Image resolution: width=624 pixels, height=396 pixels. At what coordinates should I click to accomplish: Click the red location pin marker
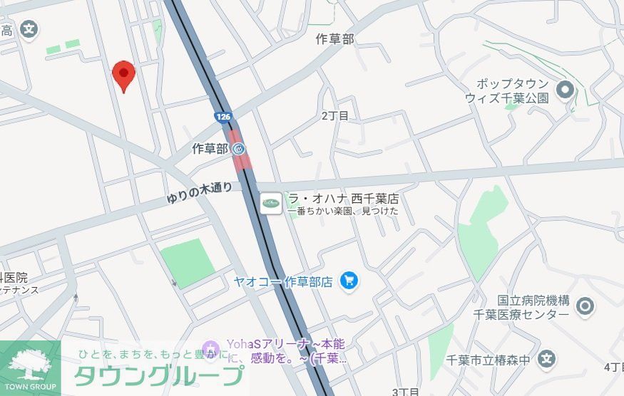coord(124,75)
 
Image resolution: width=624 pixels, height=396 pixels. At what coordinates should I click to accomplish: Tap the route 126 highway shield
coord(223,115)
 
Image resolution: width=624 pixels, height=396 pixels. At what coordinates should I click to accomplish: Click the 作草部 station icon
coord(239,149)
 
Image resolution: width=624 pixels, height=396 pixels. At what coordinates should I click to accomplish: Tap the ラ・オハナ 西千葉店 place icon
coord(270,203)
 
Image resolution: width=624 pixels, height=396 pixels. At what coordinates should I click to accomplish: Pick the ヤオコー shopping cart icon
coord(349,281)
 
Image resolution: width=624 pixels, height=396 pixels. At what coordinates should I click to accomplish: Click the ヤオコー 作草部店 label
coord(283,281)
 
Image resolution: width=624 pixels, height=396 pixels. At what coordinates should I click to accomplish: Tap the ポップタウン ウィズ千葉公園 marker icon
coord(566,90)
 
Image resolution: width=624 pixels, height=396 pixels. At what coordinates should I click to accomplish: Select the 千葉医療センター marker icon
coord(585,307)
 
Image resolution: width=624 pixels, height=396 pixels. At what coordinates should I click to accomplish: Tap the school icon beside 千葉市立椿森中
coord(547,359)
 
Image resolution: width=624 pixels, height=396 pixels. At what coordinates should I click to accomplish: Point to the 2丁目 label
coord(335,115)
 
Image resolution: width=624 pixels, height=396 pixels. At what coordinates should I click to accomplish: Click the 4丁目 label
coord(613,368)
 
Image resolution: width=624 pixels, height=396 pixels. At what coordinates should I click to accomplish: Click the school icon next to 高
coord(29,30)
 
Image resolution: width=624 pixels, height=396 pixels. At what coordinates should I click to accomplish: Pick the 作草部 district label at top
coord(334,39)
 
